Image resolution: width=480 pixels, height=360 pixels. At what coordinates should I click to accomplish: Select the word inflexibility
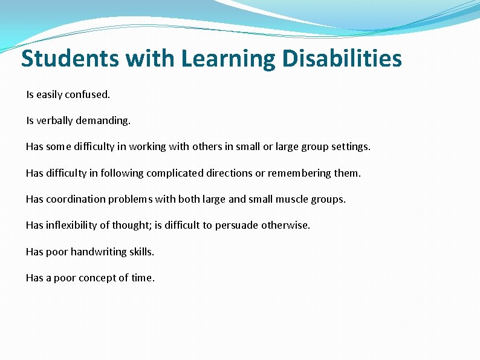pyautogui.click(x=71, y=225)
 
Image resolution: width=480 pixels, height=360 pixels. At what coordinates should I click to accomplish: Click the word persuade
pyautogui.click(x=236, y=225)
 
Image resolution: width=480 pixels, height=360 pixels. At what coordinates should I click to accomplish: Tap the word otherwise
pyautogui.click(x=285, y=225)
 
